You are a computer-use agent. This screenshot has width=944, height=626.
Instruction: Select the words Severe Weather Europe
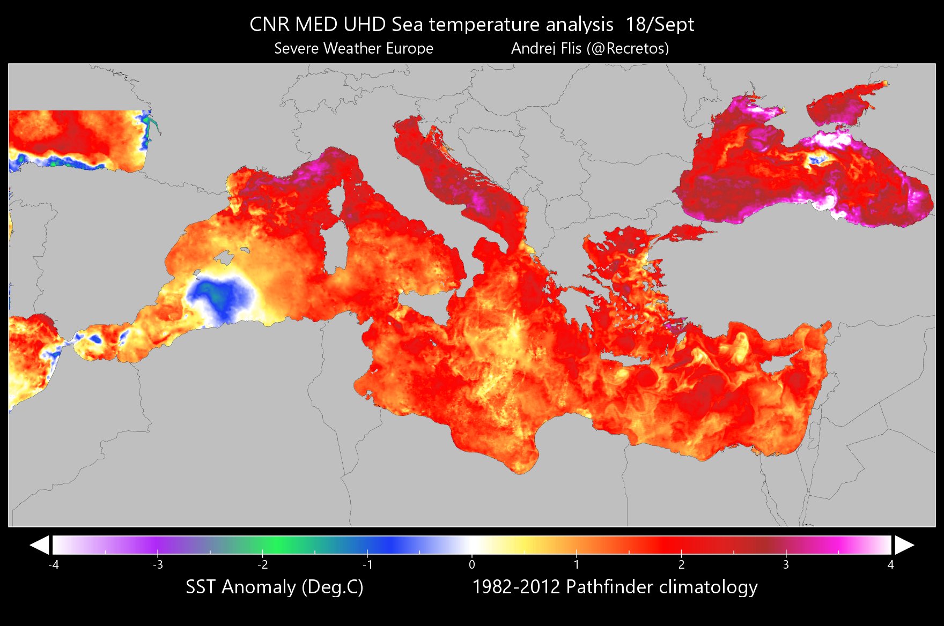click(x=353, y=48)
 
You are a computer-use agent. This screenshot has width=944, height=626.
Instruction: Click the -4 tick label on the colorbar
click(x=53, y=564)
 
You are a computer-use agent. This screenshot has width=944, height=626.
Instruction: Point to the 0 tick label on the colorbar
click(x=471, y=564)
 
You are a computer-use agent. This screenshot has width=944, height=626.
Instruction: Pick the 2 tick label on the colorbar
click(x=681, y=564)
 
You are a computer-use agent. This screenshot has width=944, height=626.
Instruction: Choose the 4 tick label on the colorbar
click(x=890, y=564)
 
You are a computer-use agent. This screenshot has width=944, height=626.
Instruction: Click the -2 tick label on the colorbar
click(x=262, y=564)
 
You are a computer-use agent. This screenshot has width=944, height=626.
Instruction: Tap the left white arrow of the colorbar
click(x=40, y=545)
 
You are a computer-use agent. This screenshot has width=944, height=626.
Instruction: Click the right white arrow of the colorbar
click(x=904, y=545)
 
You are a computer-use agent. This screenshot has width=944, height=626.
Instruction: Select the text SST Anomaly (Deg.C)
click(x=274, y=587)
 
